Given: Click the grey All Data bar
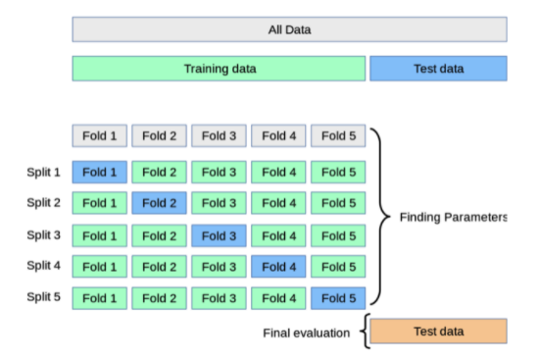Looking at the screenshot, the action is [289, 29].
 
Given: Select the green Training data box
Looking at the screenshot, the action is [219, 69].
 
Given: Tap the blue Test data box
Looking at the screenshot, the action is [438, 69].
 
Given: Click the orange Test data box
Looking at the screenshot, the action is [438, 331].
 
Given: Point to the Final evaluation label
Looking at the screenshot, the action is [306, 334].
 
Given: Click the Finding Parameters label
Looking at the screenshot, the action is [453, 217].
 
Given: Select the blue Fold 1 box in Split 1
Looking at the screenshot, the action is [100, 172].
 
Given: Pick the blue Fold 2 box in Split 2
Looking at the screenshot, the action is [159, 203].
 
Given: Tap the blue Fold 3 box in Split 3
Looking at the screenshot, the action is [219, 235].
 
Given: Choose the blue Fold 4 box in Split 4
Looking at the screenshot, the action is [278, 267].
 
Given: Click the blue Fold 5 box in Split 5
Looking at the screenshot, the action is [338, 298].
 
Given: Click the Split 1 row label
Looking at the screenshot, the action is [44, 172].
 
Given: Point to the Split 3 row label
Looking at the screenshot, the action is [44, 235].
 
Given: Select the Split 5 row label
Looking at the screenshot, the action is [44, 297].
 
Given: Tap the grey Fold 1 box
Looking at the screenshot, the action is [100, 136].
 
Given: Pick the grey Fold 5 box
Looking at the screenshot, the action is [338, 136].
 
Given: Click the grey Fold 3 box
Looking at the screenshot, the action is [219, 136].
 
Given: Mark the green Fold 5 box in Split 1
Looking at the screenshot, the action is [338, 172].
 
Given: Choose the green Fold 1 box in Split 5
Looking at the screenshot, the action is [100, 298].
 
